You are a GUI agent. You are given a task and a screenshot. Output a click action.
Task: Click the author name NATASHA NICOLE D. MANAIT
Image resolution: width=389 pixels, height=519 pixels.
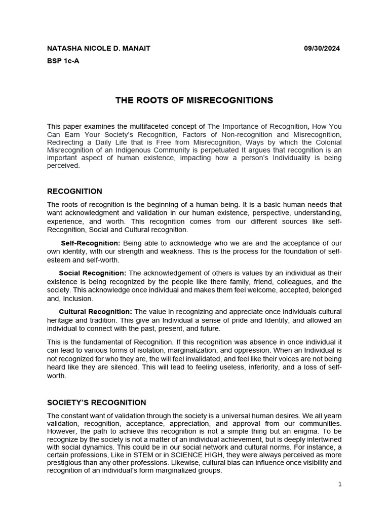(98, 48)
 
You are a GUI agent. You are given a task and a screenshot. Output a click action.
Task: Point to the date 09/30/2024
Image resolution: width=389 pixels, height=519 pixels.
(322, 48)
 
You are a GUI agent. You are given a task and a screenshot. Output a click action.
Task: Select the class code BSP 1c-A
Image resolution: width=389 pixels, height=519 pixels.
(63, 61)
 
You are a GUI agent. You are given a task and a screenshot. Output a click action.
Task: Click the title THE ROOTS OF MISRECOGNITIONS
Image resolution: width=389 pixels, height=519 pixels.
(194, 100)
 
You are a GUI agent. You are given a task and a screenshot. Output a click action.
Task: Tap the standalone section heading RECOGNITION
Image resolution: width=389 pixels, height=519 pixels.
(74, 192)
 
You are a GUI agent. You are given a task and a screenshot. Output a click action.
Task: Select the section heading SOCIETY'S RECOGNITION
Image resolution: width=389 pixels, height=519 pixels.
(96, 403)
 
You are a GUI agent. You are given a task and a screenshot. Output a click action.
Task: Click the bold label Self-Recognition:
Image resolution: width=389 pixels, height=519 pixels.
(91, 243)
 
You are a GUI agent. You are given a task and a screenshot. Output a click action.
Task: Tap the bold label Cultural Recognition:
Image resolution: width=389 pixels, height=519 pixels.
(96, 311)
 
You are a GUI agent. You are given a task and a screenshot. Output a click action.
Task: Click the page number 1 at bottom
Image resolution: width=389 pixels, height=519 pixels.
(340, 484)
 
